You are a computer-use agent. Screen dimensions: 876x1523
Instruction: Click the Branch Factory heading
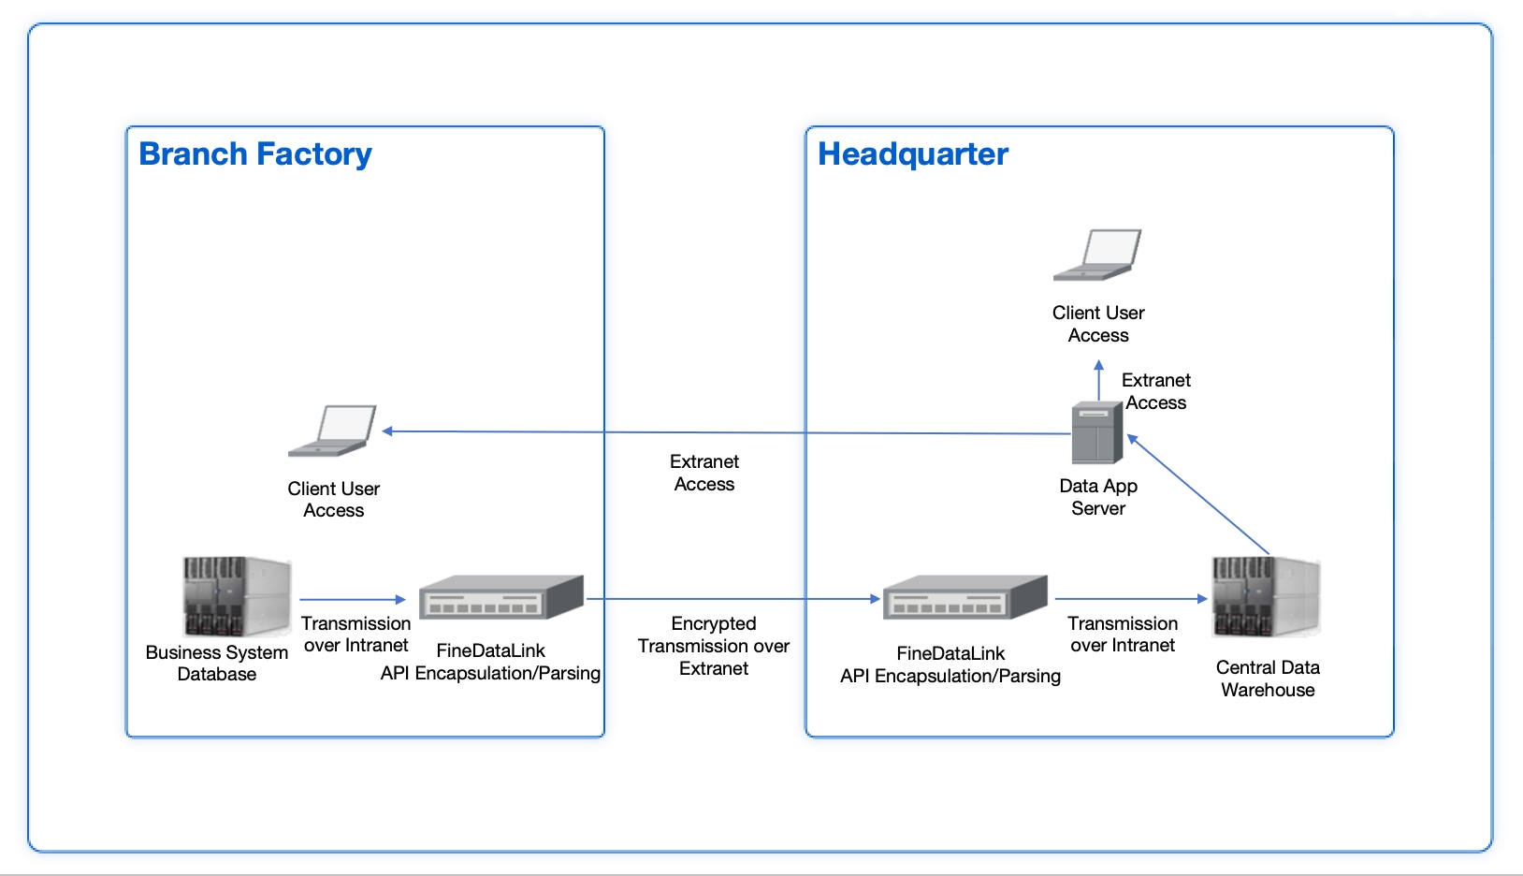(254, 154)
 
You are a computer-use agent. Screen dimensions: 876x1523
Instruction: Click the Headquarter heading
(912, 154)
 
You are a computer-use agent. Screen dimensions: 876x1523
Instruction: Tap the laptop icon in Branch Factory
(333, 431)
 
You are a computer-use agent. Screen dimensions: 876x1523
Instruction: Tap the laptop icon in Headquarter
(1097, 255)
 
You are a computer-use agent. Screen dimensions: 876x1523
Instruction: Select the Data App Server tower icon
(1096, 433)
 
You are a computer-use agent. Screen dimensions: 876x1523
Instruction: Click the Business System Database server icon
(236, 597)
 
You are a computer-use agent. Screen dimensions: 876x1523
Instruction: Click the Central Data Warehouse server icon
(1265, 597)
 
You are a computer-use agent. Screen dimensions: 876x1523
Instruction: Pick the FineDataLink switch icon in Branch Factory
(500, 597)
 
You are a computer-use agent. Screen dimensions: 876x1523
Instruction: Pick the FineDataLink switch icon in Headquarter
(965, 597)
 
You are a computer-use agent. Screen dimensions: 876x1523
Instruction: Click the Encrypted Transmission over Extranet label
(713, 646)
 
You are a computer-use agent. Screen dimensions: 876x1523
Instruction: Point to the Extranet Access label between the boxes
(703, 473)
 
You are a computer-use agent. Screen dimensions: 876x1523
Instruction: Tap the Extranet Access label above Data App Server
(1155, 391)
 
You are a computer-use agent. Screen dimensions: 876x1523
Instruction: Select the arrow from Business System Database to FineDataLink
(352, 599)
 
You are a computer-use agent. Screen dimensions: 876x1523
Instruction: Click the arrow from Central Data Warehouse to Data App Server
(1199, 495)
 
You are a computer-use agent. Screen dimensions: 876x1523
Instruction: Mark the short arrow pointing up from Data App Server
(1099, 380)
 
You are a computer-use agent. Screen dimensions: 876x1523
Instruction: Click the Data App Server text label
(1098, 497)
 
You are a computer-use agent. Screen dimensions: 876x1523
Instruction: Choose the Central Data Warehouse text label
(1268, 679)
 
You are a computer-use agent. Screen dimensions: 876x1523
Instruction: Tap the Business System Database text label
(216, 664)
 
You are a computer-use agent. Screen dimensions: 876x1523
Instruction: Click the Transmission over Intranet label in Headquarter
(1123, 635)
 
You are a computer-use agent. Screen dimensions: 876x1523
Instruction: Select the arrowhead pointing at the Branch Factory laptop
(387, 431)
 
